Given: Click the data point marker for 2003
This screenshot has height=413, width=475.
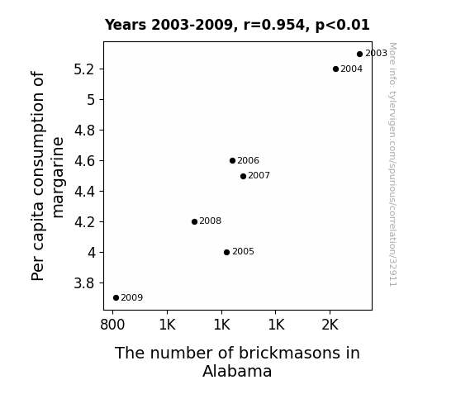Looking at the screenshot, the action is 359,55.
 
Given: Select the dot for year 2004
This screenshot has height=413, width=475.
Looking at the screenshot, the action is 335,69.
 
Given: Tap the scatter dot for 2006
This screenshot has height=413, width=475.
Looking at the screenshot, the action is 232,160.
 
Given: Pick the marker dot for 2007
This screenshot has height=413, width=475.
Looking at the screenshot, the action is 243,176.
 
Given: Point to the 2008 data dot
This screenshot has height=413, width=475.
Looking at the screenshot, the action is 194,222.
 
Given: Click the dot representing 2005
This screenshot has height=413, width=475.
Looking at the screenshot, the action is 226,252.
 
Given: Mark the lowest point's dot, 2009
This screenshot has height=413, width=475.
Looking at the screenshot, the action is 116,298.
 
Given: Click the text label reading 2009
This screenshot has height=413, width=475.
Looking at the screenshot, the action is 132,297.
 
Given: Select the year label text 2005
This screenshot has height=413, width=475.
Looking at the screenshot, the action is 243,251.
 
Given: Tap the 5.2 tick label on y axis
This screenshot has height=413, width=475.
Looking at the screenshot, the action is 84,69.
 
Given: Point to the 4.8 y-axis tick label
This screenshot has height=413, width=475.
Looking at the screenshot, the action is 84,131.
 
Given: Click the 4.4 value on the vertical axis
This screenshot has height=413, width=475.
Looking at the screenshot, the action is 84,192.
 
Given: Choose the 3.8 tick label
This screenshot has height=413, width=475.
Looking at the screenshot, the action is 84,283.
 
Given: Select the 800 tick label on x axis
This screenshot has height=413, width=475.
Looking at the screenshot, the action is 112,325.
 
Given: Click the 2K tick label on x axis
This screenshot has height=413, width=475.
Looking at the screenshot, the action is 330,325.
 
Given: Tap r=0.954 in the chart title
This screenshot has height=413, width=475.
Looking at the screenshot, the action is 274,25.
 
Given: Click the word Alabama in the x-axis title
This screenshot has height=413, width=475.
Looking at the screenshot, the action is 237,371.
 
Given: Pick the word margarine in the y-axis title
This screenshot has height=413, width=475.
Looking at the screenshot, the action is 58,178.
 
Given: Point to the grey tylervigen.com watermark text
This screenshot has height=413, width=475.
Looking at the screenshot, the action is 392,164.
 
